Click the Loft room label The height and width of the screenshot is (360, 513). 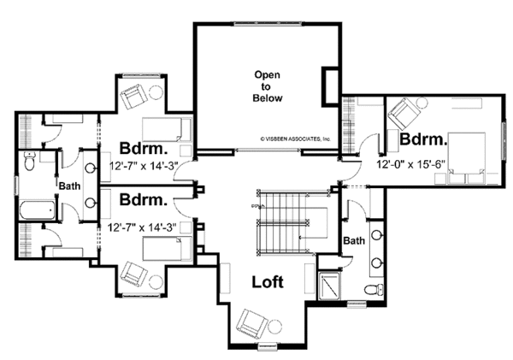[268, 282]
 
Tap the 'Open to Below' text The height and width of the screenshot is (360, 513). [268, 86]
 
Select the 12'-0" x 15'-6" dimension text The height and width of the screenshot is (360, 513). [411, 164]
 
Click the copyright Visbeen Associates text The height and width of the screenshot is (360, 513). [296, 139]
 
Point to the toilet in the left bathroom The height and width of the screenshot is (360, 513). [29, 162]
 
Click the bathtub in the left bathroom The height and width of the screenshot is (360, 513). [38, 210]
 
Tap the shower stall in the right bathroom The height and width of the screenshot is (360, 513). [330, 286]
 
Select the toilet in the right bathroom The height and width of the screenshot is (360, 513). [374, 289]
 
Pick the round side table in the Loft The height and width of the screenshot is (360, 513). [274, 326]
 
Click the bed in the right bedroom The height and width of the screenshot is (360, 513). [466, 157]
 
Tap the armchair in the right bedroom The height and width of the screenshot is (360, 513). [403, 114]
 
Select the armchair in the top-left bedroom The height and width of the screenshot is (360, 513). [133, 95]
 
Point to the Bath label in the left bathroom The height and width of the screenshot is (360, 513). [69, 186]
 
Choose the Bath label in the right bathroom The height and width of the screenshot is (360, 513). [354, 241]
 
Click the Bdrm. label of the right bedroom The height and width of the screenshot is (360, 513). [423, 139]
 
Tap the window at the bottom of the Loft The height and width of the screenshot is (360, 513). [268, 346]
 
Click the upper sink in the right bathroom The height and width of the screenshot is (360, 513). [378, 234]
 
